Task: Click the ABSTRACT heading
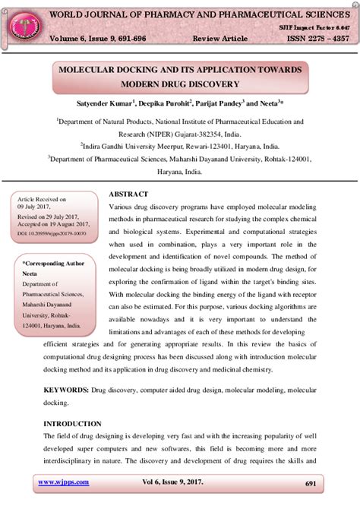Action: (x=128, y=194)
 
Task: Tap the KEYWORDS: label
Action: (x=66, y=389)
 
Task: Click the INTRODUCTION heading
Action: (x=72, y=423)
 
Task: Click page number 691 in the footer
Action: (x=310, y=483)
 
